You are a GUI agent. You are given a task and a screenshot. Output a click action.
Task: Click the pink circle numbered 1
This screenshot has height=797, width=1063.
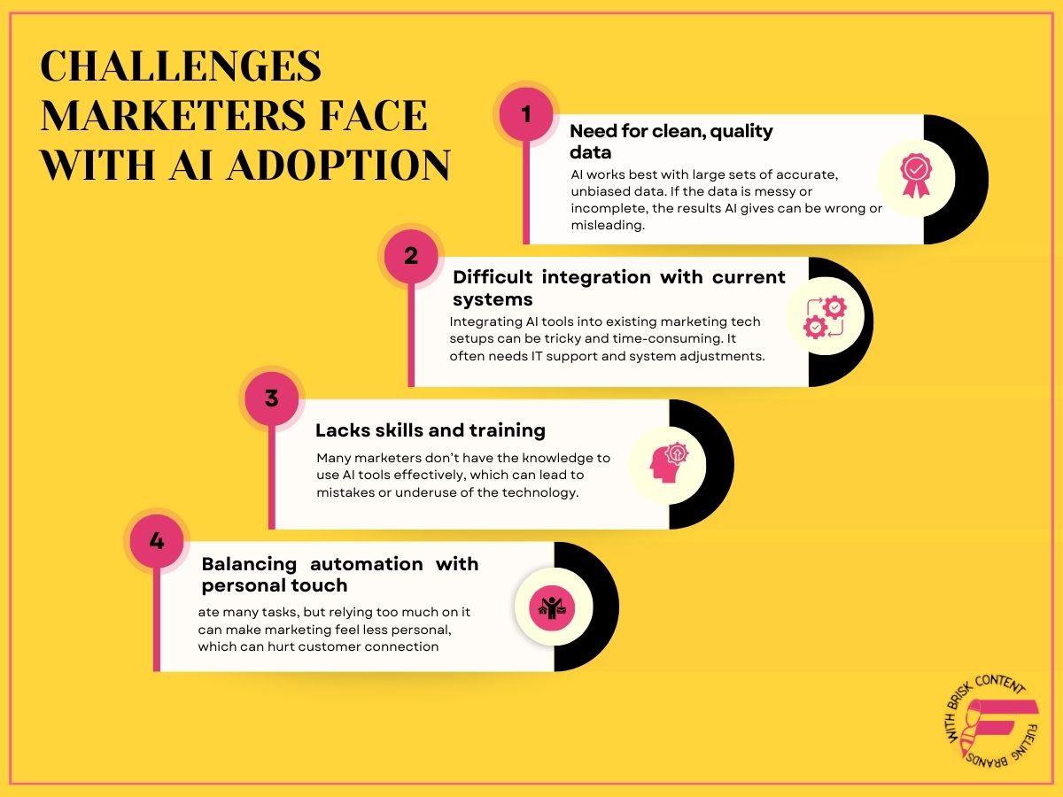pyautogui.click(x=526, y=114)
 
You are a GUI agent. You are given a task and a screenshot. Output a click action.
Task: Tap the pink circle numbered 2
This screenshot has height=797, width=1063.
pyautogui.click(x=411, y=256)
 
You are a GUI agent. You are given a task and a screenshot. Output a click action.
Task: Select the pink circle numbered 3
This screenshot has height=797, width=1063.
pyautogui.click(x=272, y=398)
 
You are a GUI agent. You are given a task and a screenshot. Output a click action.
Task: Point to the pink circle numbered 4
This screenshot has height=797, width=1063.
pyautogui.click(x=157, y=540)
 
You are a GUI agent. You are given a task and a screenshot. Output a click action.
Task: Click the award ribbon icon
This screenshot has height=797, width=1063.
pyautogui.click(x=915, y=175)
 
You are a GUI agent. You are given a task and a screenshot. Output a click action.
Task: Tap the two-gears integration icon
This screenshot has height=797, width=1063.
pyautogui.click(x=825, y=318)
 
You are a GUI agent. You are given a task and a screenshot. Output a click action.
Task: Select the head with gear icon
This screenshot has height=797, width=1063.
pyautogui.click(x=669, y=462)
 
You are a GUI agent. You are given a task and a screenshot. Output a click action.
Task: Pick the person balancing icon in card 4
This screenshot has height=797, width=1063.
pyautogui.click(x=552, y=607)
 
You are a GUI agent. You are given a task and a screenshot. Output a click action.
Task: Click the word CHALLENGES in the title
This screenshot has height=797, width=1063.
pyautogui.click(x=181, y=66)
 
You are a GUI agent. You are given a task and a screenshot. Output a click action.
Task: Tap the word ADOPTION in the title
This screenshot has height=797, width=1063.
pyautogui.click(x=338, y=165)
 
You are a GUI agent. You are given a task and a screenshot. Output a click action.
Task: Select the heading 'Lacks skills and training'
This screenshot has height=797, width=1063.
pyautogui.click(x=430, y=430)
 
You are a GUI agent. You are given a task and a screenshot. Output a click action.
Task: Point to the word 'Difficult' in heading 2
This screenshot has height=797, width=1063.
pyautogui.click(x=493, y=277)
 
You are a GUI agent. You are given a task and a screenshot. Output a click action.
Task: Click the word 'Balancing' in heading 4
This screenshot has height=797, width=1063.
pyautogui.click(x=249, y=565)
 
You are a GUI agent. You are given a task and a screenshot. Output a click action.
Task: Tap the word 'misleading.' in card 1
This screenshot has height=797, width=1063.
pyautogui.click(x=608, y=226)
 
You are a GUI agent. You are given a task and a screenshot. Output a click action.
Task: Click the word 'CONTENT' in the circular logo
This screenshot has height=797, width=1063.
pyautogui.click(x=999, y=683)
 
